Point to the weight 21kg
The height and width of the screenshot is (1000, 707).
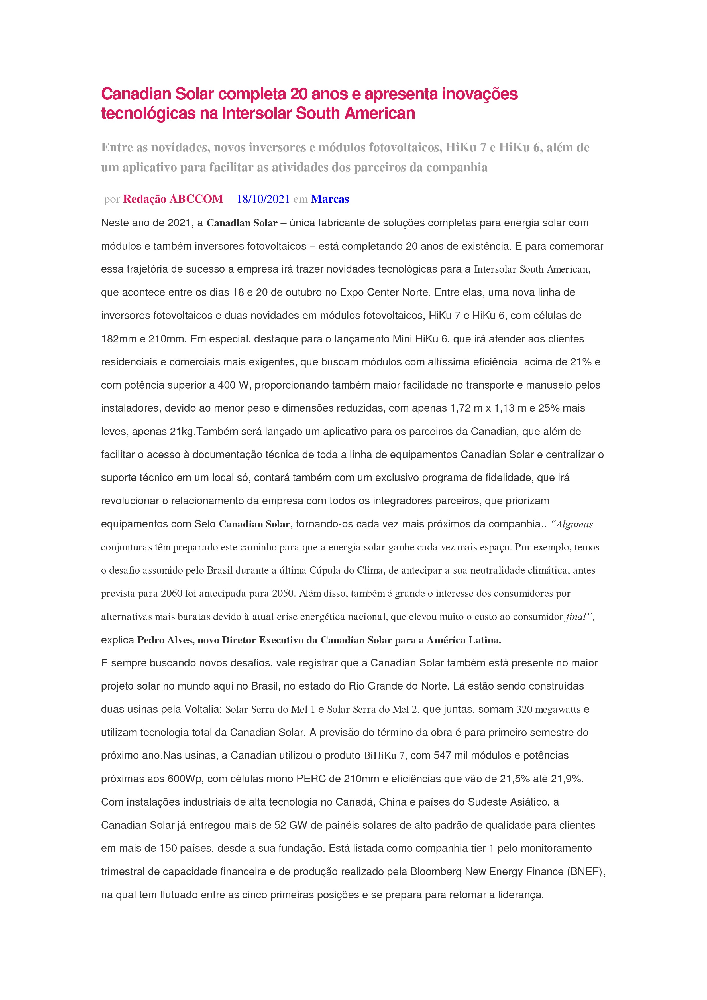click(x=181, y=432)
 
